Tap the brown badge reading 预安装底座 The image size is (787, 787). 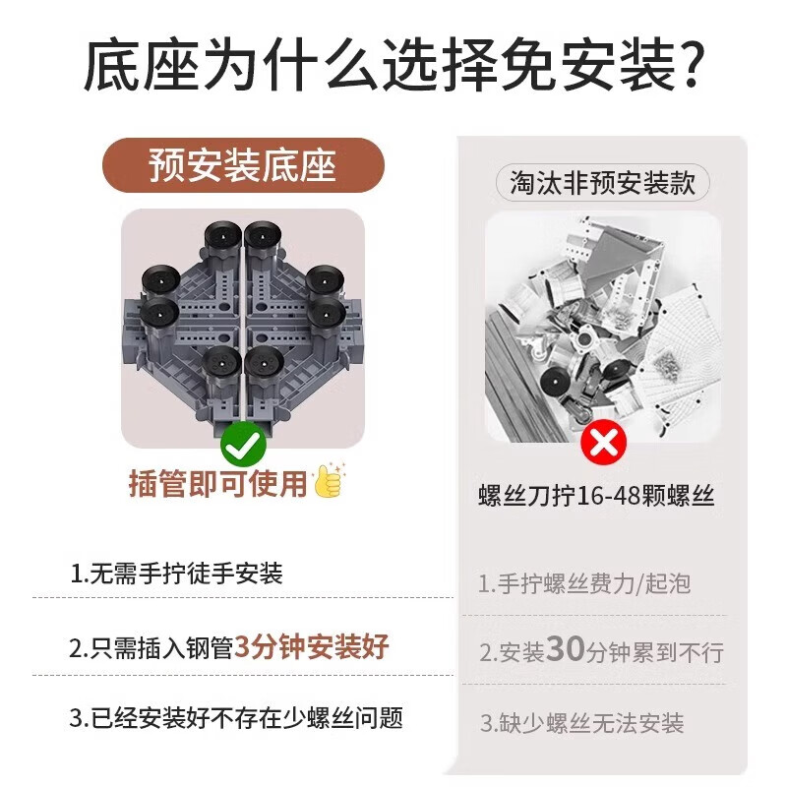coord(243,165)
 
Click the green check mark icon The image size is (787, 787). coord(242,447)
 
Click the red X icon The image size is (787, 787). coord(603,443)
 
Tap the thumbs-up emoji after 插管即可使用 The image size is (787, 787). coord(328,482)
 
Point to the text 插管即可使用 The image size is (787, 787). coord(218,483)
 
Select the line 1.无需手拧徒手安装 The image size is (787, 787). coord(177,574)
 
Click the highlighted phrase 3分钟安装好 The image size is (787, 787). coord(313,646)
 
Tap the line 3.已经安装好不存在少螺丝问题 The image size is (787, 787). coord(236,717)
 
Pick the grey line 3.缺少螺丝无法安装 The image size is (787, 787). coord(581,723)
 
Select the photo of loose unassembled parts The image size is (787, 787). coord(602,330)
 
